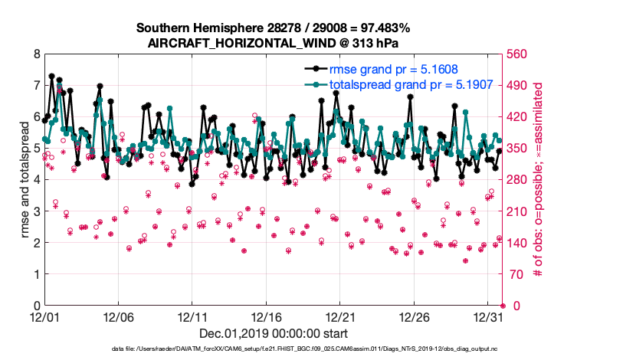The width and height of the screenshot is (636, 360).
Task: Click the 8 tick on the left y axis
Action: click(x=36, y=54)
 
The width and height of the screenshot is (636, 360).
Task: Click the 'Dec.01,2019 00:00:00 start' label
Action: click(x=273, y=333)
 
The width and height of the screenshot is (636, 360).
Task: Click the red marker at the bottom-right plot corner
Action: click(x=502, y=306)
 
